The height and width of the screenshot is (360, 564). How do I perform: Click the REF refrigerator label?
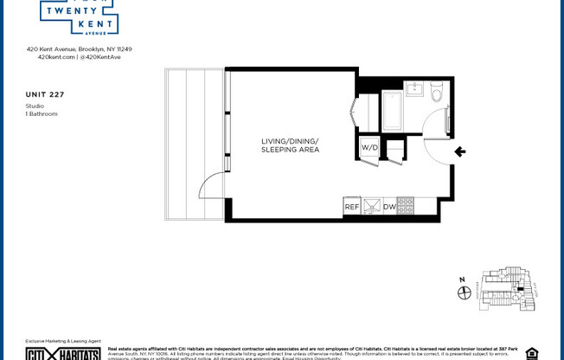[351, 207]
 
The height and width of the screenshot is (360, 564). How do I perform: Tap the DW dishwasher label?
[389, 207]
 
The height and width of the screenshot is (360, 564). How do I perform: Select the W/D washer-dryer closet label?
[369, 148]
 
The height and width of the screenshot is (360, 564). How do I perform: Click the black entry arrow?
[460, 152]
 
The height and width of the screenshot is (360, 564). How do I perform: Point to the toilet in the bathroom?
[437, 91]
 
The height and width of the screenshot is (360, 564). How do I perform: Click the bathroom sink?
[413, 89]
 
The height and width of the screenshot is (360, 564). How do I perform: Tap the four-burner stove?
[406, 206]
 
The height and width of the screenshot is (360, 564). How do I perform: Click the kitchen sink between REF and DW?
[371, 206]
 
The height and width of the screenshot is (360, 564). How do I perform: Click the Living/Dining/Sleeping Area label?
[290, 145]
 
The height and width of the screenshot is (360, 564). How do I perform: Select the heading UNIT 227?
[45, 94]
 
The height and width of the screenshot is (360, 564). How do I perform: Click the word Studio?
[35, 106]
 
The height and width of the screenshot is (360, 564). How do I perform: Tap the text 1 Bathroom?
[41, 113]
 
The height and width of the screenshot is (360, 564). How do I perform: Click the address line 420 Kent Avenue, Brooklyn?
[79, 49]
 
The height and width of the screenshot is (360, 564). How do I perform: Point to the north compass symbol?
[464, 292]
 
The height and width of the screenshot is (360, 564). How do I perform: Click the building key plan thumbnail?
[506, 289]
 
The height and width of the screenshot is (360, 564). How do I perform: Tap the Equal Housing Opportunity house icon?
[531, 353]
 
